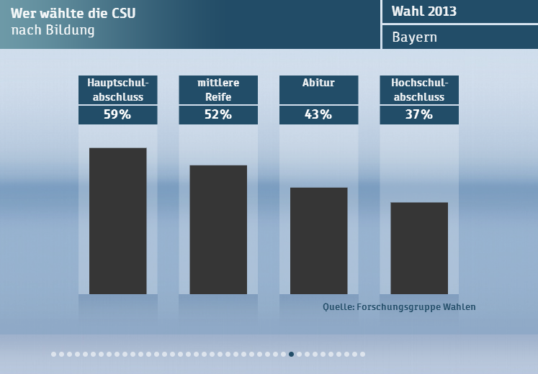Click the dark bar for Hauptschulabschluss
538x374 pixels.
pos(117,221)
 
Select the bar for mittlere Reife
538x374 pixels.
pos(218,229)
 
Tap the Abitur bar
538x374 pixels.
pos(318,240)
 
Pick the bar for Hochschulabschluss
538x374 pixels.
pos(419,248)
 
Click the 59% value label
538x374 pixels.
pos(117,114)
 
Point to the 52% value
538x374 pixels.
pos(218,114)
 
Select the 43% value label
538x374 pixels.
pos(318,114)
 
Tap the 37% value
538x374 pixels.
pos(419,114)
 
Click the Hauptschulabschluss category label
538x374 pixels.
pos(117,90)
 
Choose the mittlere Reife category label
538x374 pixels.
pos(218,90)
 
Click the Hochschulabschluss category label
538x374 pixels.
pos(419,90)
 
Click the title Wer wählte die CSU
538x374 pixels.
pos(73,14)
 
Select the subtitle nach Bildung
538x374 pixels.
pos(53,31)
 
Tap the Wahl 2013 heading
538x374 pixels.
pos(424,12)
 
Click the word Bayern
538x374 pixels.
pos(414,37)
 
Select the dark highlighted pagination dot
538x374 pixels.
pos(291,354)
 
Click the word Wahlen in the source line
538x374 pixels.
pos(458,307)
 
